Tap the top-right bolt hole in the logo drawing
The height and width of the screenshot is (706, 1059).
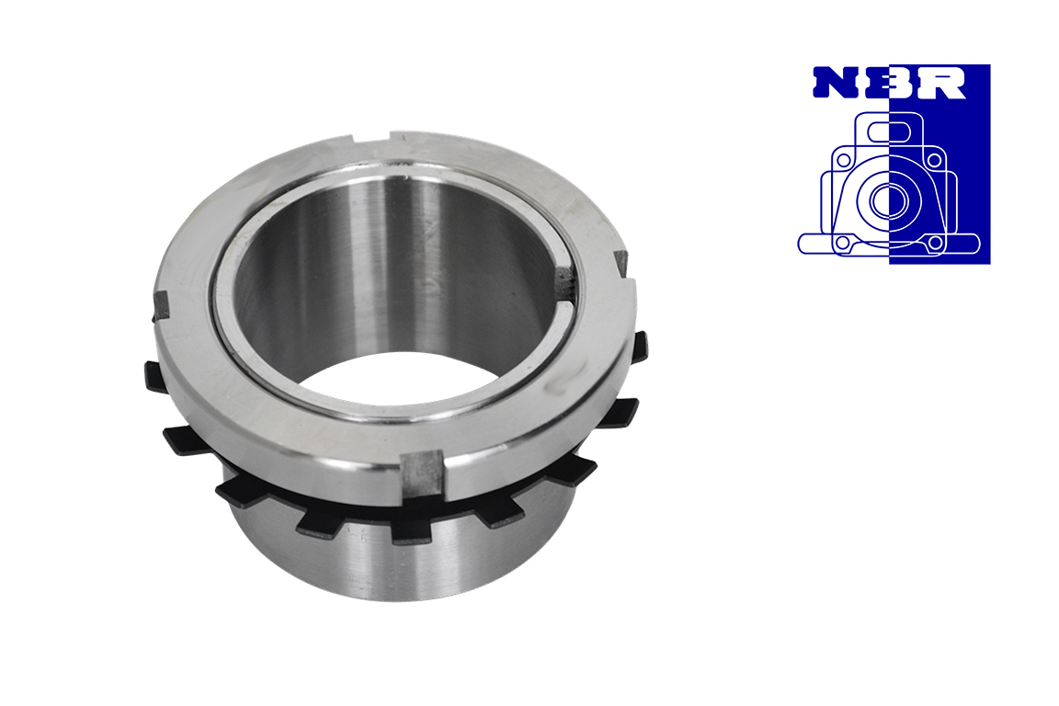click(934, 160)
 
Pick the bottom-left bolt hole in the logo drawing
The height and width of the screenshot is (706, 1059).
click(842, 243)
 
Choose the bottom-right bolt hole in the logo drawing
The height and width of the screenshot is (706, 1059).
click(934, 243)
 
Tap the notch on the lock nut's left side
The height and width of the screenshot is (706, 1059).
click(161, 304)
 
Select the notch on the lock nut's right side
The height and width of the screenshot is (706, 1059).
click(622, 263)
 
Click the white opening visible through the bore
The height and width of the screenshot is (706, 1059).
click(404, 380)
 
